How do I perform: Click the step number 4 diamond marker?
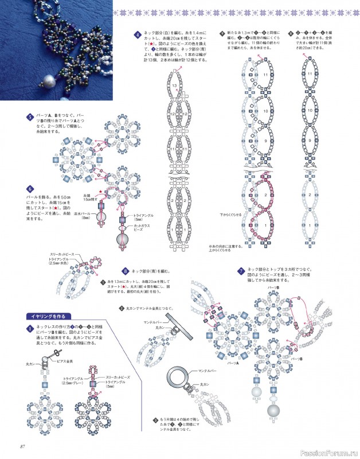(x=138, y=34)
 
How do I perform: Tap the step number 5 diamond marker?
(x=30, y=116)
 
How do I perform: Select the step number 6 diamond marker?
(x=30, y=188)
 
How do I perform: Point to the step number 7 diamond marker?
(x=242, y=271)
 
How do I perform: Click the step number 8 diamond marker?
(x=125, y=270)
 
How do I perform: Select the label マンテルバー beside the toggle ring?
(x=205, y=373)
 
